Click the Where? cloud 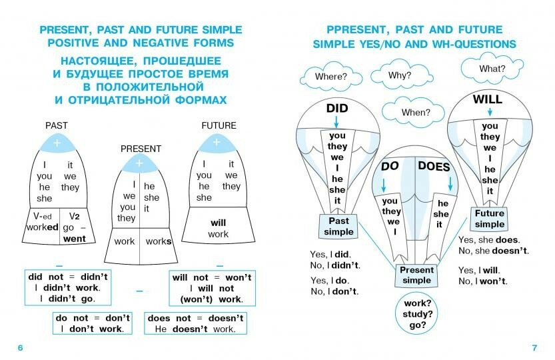[x=330, y=77]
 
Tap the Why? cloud [x=399, y=75]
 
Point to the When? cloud [x=416, y=112]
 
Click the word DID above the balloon [x=337, y=109]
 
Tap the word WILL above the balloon [x=487, y=100]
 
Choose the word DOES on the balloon [x=434, y=167]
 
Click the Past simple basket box [x=338, y=226]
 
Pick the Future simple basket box [x=490, y=219]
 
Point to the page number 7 [x=534, y=348]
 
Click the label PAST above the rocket [x=56, y=125]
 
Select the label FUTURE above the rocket [x=219, y=125]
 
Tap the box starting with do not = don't [x=93, y=323]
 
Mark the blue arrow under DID [x=337, y=122]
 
